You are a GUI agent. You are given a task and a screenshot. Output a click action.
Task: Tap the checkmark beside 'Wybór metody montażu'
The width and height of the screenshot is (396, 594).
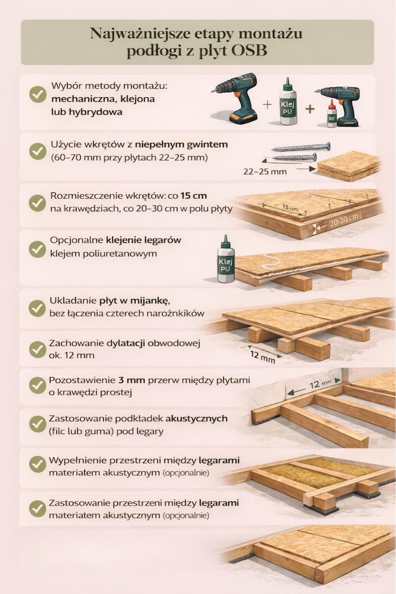(38, 94)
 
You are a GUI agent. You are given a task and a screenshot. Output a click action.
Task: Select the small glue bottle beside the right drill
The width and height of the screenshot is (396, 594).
(332, 113)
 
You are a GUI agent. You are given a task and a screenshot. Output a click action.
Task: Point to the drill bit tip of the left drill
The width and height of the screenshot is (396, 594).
(213, 90)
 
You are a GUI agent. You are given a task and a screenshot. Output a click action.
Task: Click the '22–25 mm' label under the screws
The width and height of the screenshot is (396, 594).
(265, 172)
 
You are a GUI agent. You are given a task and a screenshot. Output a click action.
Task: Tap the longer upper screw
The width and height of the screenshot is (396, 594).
(301, 147)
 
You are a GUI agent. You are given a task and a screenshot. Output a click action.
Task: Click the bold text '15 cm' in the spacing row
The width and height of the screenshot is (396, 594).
(194, 196)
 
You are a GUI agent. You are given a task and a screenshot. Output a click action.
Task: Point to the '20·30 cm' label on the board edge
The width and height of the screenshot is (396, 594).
(343, 220)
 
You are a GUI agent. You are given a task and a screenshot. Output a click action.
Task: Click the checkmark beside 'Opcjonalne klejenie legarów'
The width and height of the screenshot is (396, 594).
(37, 249)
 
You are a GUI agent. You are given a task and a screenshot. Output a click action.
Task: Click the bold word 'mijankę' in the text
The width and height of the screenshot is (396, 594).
(150, 301)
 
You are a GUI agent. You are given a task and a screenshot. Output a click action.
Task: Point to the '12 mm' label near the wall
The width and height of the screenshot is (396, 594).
(320, 384)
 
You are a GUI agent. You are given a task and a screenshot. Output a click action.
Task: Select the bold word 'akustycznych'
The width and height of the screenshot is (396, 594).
(197, 419)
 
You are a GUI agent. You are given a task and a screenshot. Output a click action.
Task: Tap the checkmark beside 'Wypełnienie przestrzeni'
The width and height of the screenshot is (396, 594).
(37, 464)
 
